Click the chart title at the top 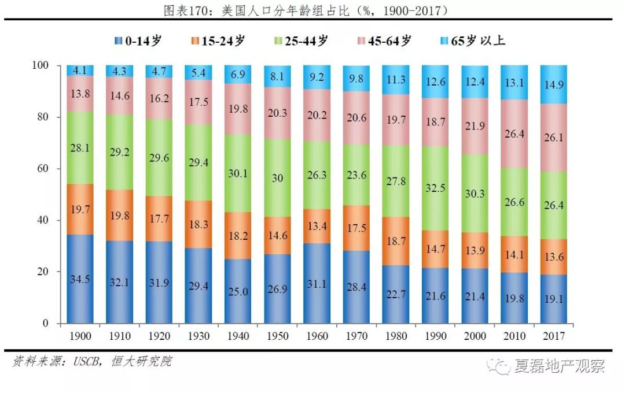click(x=313, y=10)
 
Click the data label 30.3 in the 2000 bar click(x=475, y=194)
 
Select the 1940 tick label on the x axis click(x=238, y=336)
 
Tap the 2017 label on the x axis click(x=554, y=336)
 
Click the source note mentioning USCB click(x=93, y=362)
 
